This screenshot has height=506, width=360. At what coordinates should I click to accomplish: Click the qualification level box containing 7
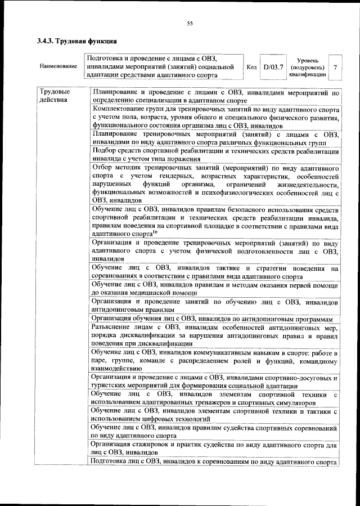pyautogui.click(x=335, y=67)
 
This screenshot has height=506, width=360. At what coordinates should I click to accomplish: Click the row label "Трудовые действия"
pyautogui.click(x=55, y=96)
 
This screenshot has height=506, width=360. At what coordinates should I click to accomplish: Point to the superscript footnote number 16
pyautogui.click(x=155, y=231)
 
